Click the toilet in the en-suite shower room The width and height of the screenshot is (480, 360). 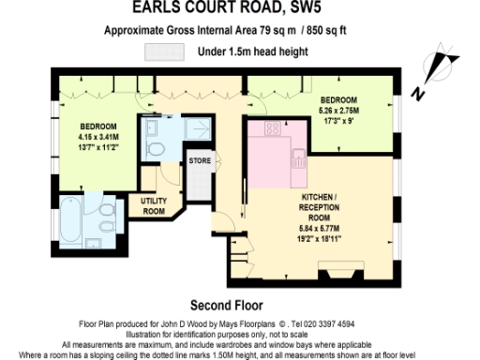[157, 149]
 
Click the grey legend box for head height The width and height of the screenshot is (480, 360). [164, 52]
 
